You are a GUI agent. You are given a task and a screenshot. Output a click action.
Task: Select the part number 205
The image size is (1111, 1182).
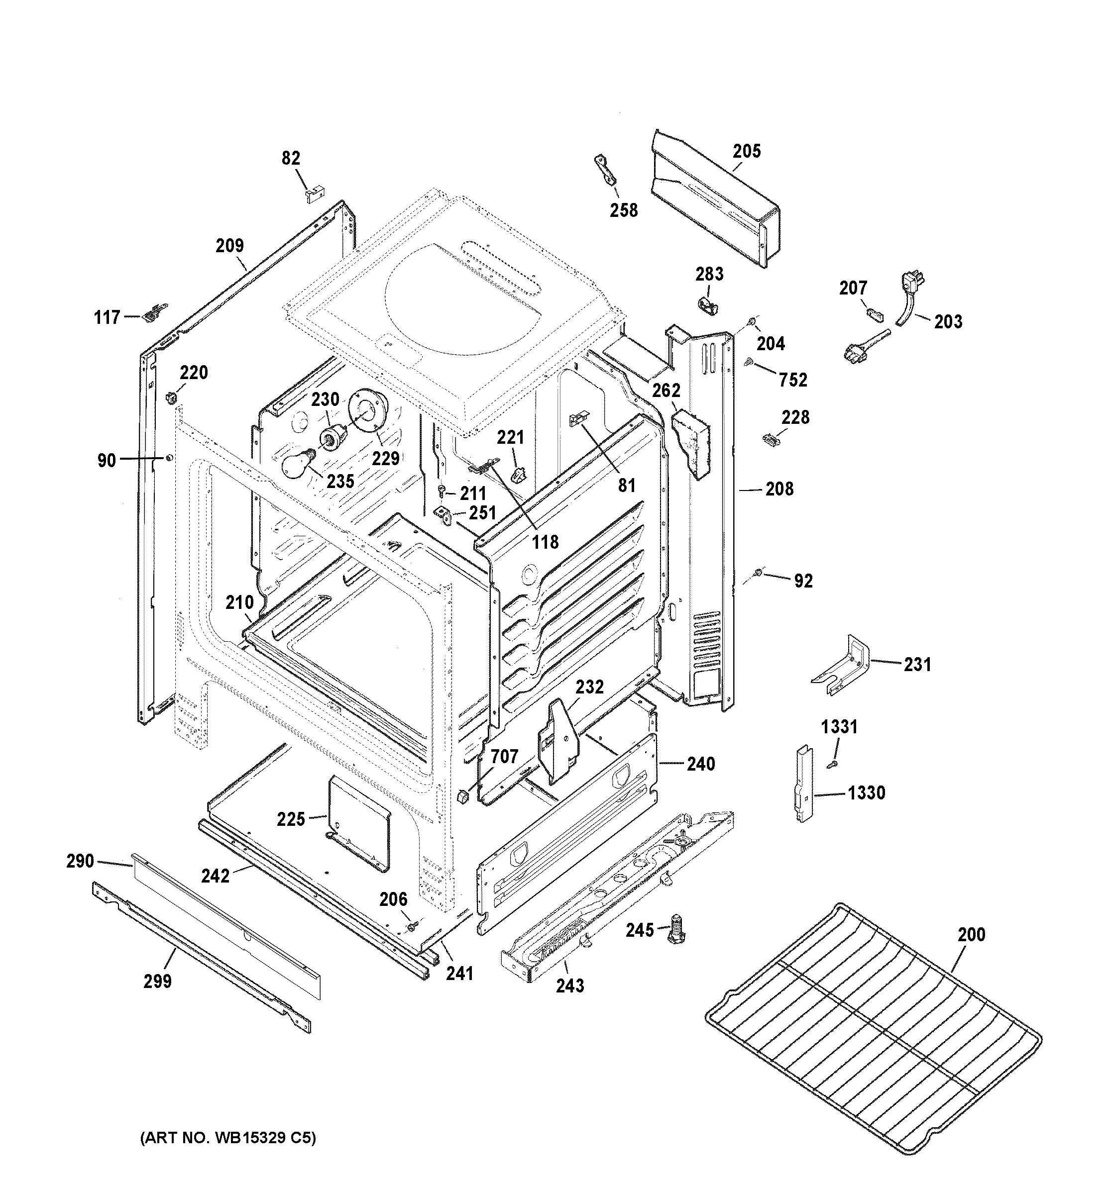[x=747, y=151]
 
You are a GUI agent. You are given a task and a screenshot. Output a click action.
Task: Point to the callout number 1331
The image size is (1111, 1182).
[x=839, y=726]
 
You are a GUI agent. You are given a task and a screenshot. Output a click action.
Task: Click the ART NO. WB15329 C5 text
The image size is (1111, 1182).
[x=228, y=1138]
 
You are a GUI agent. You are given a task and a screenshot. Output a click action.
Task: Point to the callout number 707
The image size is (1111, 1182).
[x=504, y=756]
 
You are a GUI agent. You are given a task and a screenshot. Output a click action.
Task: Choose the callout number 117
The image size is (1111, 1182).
[x=107, y=317]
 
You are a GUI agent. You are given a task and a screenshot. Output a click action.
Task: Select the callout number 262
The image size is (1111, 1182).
[x=666, y=390]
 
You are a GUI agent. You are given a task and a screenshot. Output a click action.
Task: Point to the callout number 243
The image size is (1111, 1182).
[x=570, y=986]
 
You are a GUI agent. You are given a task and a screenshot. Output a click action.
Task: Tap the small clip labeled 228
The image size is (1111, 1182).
[x=771, y=439]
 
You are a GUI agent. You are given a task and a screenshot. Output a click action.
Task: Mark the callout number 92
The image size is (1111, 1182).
[x=803, y=581]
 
